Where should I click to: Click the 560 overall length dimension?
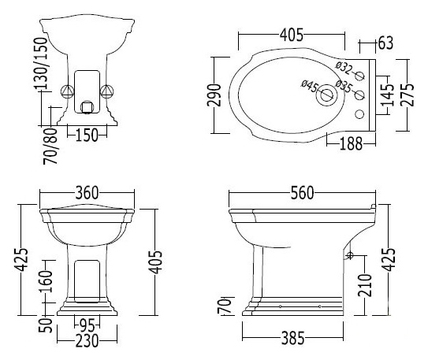click(302, 193)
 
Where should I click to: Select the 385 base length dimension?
click(292, 338)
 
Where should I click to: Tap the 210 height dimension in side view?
click(365, 285)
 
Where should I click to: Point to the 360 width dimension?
click(87, 193)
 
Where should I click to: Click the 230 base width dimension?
click(87, 341)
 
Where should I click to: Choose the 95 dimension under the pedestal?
click(87, 325)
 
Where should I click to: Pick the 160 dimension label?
click(46, 281)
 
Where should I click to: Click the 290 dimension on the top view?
click(214, 95)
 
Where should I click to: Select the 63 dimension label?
click(385, 43)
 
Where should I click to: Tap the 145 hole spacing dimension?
click(388, 95)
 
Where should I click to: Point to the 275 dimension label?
click(408, 95)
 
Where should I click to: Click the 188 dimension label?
click(352, 143)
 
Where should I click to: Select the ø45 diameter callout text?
click(310, 86)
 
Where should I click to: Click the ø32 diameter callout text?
click(344, 68)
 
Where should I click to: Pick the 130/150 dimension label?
click(41, 64)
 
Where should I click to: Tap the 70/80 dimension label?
click(50, 147)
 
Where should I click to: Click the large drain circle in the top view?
click(327, 95)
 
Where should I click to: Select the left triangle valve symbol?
click(67, 91)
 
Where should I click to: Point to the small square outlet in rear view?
click(87, 106)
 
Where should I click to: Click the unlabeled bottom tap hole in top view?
click(359, 114)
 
